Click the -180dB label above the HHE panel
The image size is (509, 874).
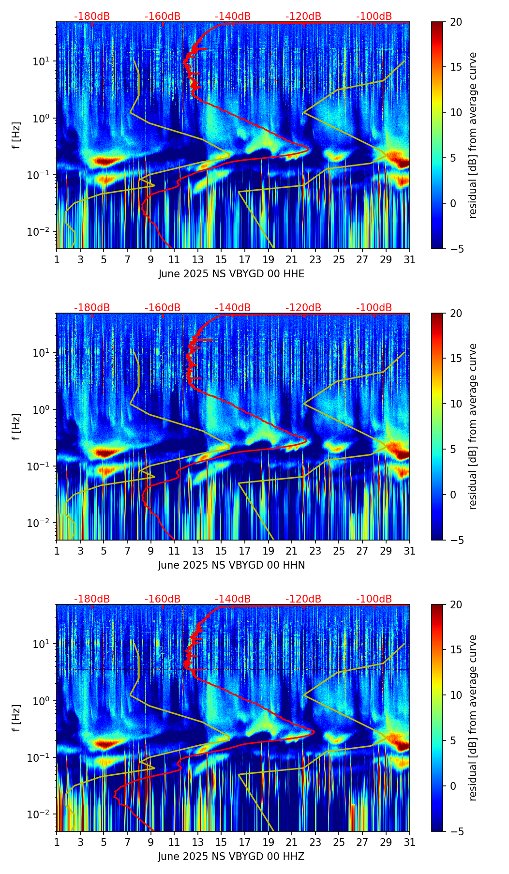pyautogui.click(x=92, y=16)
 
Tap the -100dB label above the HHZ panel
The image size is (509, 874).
pyautogui.click(x=374, y=599)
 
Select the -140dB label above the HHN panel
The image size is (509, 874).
pyautogui.click(x=233, y=308)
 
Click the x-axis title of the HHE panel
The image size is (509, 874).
pyautogui.click(x=231, y=274)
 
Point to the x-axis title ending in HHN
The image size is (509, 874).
pyautogui.click(x=231, y=565)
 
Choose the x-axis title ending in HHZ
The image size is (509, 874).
pyautogui.click(x=231, y=857)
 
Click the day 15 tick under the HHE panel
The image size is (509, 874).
pyautogui.click(x=221, y=260)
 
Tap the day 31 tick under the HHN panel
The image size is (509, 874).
pyautogui.click(x=409, y=551)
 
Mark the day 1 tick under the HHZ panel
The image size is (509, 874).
pyautogui.click(x=57, y=843)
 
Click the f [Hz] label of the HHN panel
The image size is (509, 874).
pyautogui.click(x=16, y=426)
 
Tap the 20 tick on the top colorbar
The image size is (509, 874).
pyautogui.click(x=456, y=22)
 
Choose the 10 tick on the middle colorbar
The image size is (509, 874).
pyautogui.click(x=456, y=404)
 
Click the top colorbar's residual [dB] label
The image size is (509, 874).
pyautogui.click(x=473, y=135)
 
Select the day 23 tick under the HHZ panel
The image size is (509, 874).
pyautogui.click(x=315, y=843)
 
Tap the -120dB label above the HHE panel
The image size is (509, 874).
pyautogui.click(x=303, y=16)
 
